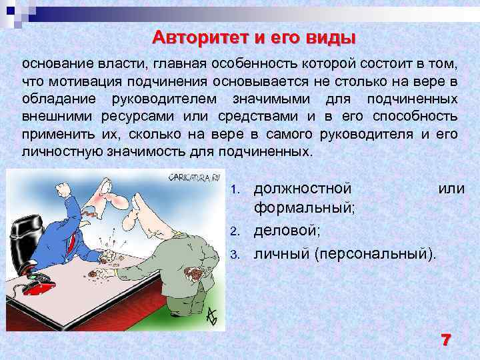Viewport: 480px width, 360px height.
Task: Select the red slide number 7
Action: pos(445,339)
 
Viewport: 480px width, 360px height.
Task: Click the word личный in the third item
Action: pos(282,253)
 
